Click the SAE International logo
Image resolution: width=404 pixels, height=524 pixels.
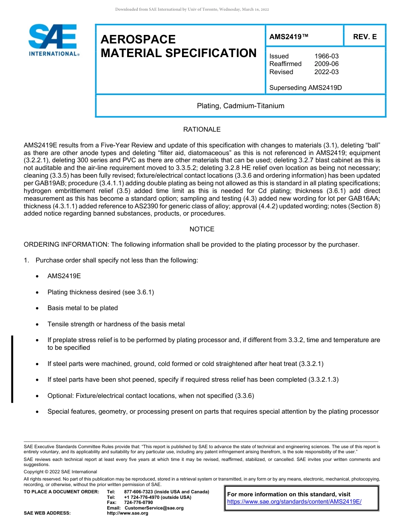53,40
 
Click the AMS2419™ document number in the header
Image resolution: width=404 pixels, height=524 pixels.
289,37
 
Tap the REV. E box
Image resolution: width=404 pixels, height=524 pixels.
364,37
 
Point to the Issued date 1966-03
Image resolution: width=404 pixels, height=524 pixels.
326,56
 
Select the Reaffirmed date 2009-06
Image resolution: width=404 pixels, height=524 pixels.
326,64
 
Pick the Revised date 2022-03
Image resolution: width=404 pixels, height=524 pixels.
326,72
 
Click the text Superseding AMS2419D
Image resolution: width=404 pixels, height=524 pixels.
305,88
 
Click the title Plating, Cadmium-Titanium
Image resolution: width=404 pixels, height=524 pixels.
240,106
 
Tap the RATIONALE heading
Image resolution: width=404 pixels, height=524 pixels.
202,130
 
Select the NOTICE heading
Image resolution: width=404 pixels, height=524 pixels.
202,229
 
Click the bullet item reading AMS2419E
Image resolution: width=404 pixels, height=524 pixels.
64,276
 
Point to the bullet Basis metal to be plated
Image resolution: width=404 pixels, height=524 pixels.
83,308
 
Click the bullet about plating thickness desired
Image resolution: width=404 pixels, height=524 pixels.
100,292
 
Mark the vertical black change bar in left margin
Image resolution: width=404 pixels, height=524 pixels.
12,369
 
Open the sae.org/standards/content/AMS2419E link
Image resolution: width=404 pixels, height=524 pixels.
294,501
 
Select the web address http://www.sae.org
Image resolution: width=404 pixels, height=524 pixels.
128,513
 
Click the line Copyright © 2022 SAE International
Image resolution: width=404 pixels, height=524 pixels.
60,472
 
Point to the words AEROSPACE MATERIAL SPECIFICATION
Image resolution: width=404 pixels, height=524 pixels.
178,46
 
